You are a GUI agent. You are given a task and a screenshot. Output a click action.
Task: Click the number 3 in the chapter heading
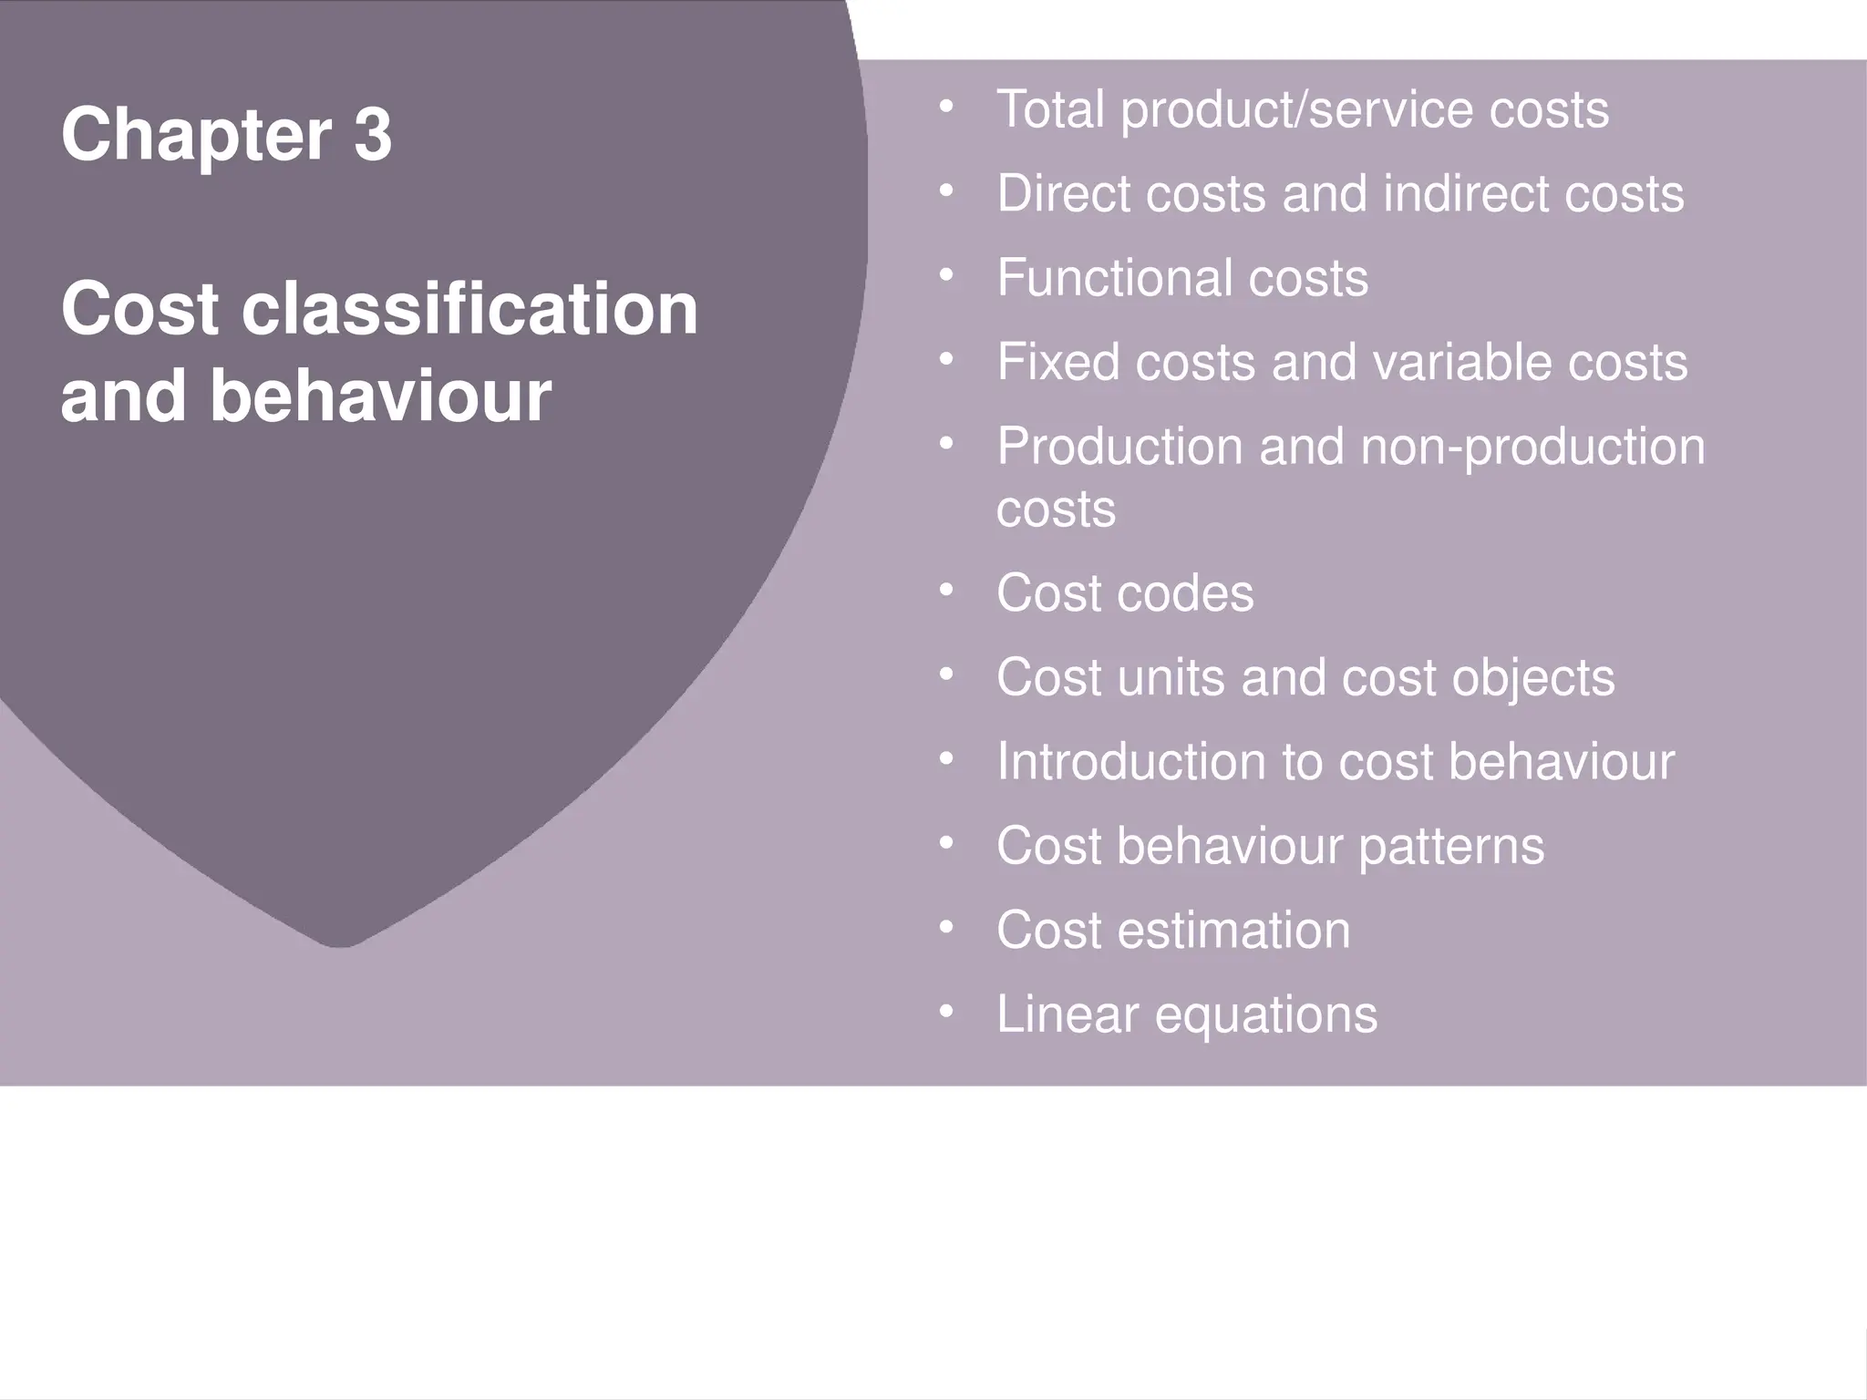pos(373,135)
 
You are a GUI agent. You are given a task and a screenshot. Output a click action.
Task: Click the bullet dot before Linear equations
pos(946,1011)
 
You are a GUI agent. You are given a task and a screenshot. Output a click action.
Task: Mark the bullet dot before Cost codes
pos(946,590)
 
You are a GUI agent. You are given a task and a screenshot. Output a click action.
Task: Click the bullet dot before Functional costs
pos(946,274)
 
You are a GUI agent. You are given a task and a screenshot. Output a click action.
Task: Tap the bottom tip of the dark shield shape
pos(339,944)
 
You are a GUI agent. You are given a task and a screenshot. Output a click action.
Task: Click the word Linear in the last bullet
pos(1068,1014)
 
